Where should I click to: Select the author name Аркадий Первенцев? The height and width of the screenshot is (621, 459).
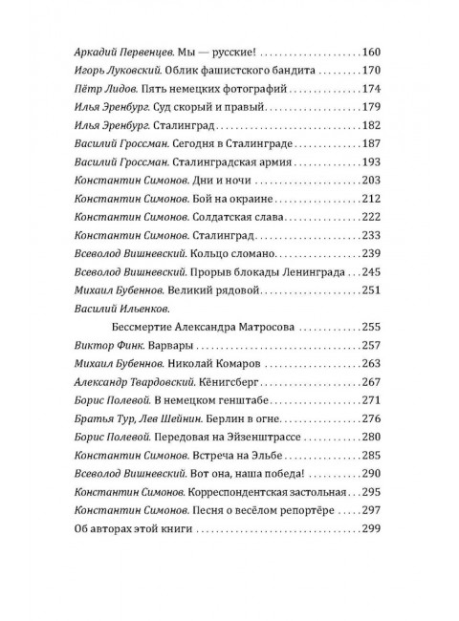point(117,51)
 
